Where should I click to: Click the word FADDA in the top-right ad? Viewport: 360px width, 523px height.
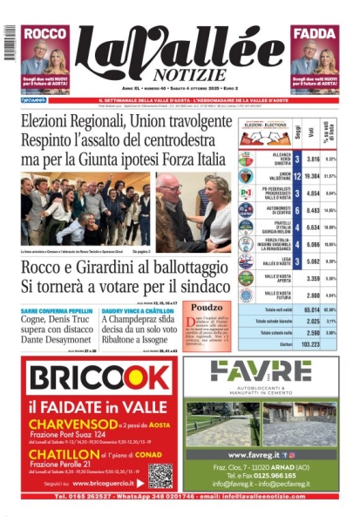(x=316, y=33)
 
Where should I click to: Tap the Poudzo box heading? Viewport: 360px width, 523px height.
(x=207, y=307)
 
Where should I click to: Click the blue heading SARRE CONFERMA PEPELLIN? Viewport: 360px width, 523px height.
(x=57, y=309)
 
